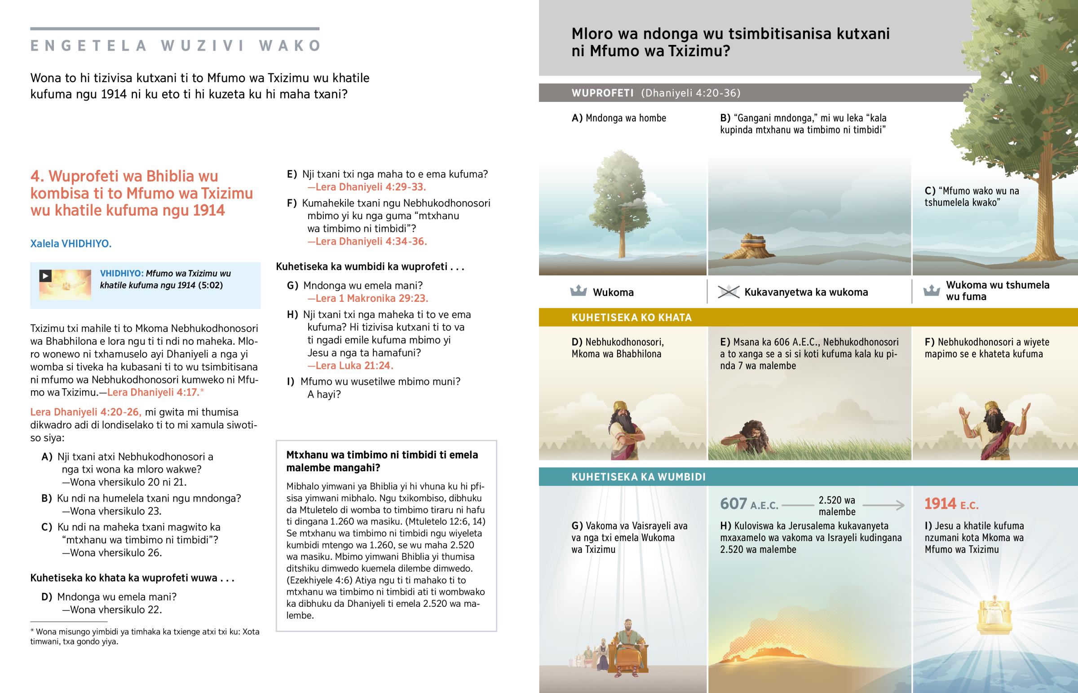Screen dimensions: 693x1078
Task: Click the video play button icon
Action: pyautogui.click(x=45, y=275)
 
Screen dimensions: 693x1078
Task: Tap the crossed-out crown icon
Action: pyautogui.click(x=728, y=292)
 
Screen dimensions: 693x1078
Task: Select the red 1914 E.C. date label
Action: pyautogui.click(x=951, y=504)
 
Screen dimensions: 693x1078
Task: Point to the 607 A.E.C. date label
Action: pyautogui.click(x=749, y=504)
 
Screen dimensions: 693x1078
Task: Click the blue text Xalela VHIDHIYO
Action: pyautogui.click(x=71, y=243)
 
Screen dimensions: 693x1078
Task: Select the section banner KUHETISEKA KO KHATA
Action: pyautogui.click(x=631, y=318)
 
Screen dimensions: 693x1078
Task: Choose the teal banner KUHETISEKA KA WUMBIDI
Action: pyautogui.click(x=638, y=477)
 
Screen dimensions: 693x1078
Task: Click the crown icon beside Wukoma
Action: pyautogui.click(x=578, y=291)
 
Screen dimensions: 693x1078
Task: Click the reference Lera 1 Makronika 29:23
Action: pyautogui.click(x=367, y=298)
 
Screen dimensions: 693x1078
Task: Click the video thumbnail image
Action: pyautogui.click(x=65, y=285)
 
